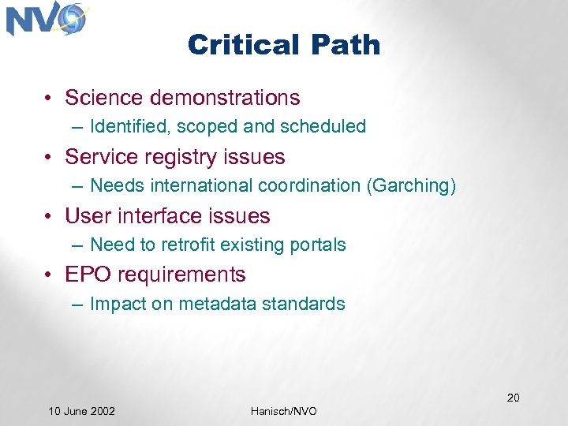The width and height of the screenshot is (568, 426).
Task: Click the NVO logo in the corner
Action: click(46, 20)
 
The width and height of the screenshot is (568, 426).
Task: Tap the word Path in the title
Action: click(346, 45)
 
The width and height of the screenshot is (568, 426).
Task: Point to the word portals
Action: click(319, 245)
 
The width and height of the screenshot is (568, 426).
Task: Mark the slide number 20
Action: click(513, 397)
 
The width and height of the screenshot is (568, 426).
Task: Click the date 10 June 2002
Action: click(81, 411)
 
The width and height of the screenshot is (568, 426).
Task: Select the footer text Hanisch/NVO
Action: click(284, 411)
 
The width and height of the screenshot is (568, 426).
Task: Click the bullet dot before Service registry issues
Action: click(49, 158)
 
